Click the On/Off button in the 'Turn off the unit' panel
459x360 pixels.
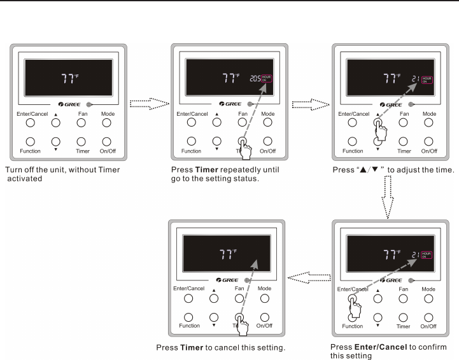pyautogui.click(x=106, y=141)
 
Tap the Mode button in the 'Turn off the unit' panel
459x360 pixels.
pyautogui.click(x=106, y=123)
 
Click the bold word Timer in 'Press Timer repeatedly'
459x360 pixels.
pyautogui.click(x=202, y=170)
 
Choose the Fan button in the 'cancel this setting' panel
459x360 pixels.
pyautogui.click(x=239, y=298)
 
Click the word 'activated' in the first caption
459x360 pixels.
pyautogui.click(x=25, y=179)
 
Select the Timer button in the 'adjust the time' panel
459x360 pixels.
pyautogui.click(x=404, y=141)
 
